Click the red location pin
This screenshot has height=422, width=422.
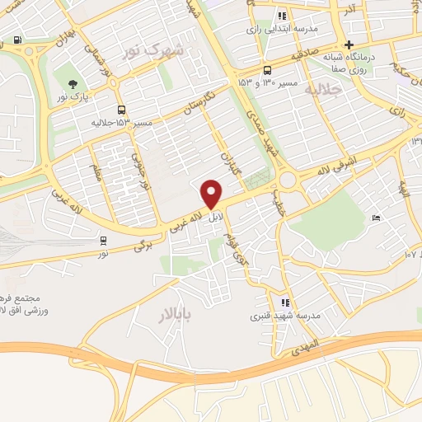point(212,194)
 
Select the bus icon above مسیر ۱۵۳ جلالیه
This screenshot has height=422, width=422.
point(122,110)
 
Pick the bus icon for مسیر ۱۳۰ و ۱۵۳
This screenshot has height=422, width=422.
point(267,71)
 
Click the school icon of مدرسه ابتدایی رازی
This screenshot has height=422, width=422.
point(282,15)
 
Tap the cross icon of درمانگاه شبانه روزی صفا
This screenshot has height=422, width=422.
point(349,45)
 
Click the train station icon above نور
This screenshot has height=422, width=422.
point(103,240)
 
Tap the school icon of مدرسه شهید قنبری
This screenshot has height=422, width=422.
point(285,302)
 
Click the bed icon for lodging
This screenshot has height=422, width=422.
point(376,218)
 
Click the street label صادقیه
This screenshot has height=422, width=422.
point(307,58)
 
